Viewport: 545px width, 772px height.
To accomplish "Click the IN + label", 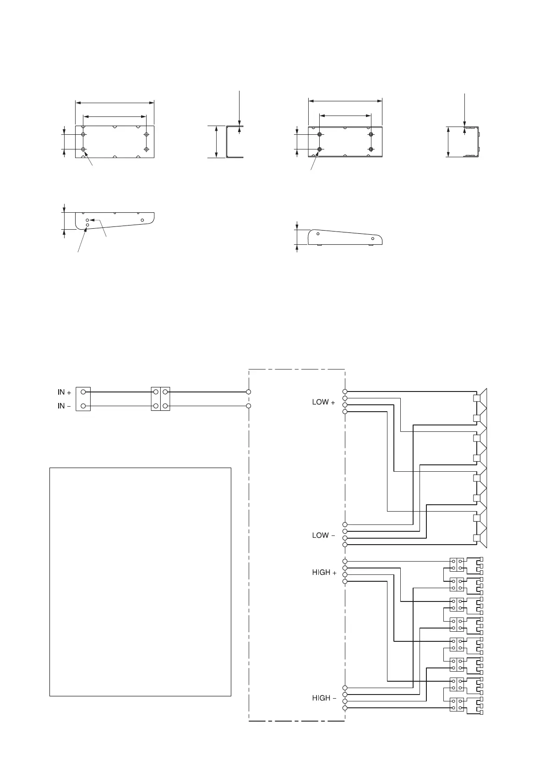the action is (64, 392).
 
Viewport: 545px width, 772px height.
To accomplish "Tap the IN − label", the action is (64, 406).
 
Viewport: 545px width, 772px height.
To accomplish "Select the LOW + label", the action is (323, 402).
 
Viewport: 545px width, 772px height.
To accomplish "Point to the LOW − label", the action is (323, 535).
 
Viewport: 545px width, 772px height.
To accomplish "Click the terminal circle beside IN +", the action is (83, 392).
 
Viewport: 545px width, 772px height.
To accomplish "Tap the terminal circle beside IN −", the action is (83, 406).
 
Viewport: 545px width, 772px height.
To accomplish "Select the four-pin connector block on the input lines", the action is (160, 399).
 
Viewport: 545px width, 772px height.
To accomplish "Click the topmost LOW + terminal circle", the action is (344, 392).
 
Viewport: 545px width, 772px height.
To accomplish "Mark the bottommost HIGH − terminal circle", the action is (344, 708).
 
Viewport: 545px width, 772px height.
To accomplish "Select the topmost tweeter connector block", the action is (457, 565).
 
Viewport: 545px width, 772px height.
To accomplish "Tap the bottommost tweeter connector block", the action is (457, 705).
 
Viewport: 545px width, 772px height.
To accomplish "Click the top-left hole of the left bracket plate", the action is (83, 134).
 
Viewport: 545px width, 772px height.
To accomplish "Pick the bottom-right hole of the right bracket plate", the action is (371, 149).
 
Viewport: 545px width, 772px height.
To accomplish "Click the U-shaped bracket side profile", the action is (234, 142).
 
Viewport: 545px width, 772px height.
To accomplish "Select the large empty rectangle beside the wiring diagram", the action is (140, 582).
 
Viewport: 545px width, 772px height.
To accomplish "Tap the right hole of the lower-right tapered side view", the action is (373, 238).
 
